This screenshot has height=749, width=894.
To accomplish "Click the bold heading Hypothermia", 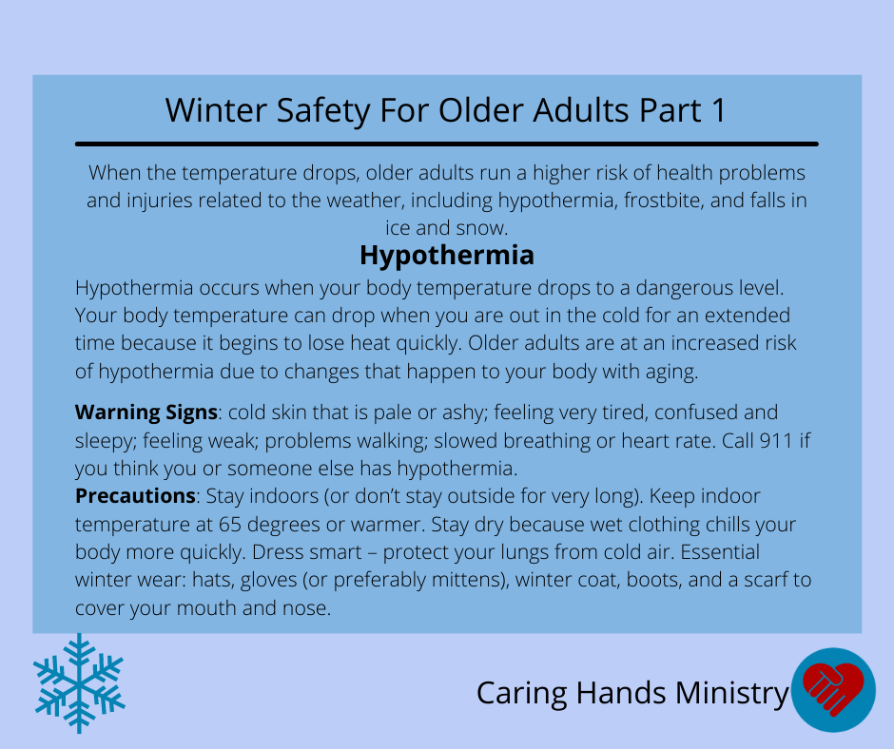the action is click(x=446, y=256).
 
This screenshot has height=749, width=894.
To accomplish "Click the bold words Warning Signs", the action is click(x=146, y=413).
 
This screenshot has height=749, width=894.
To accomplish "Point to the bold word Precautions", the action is click(x=135, y=496).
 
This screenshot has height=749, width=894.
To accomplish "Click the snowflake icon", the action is click(x=79, y=682).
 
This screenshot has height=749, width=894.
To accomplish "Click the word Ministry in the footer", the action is click(x=731, y=694).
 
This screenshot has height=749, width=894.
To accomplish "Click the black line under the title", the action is click(x=446, y=144).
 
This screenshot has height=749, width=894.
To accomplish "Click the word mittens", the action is click(x=465, y=580).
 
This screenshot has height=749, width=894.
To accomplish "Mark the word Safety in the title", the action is click(x=323, y=110).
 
